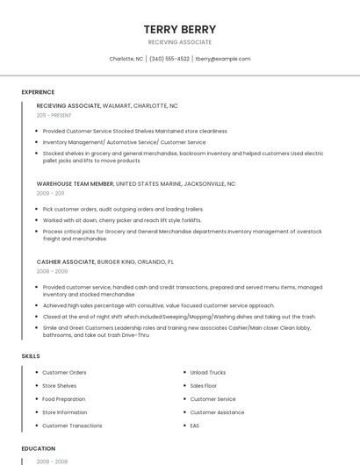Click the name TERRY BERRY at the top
pos(179,29)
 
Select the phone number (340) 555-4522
pos(169,59)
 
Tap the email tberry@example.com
pos(223,59)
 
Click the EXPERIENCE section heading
pos(38,92)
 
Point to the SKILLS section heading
pos(31,356)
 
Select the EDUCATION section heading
pos(38,448)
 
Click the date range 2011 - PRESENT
pos(54,115)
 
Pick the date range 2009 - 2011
pos(50,193)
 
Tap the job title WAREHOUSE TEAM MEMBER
pos(75,184)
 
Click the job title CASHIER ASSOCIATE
pos(65,261)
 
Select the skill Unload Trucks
pos(208,372)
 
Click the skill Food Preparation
pos(64,399)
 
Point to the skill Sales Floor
pos(204,385)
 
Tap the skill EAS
pos(195,426)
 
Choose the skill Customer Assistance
pos(217,412)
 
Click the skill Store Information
pos(65,412)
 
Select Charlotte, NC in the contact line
pos(126,59)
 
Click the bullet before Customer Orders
pos(36,372)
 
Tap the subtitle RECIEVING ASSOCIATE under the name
pos(179,42)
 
